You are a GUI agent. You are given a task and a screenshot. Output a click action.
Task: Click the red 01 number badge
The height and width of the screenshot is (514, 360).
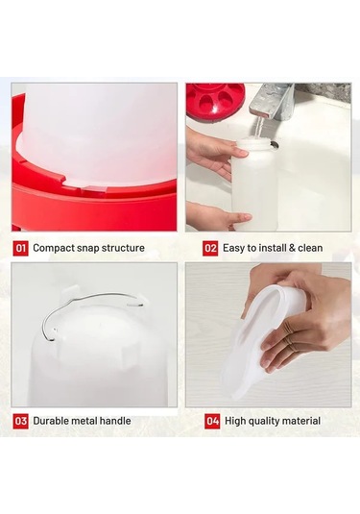[20, 248]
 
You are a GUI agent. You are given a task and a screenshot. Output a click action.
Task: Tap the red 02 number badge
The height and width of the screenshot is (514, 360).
[210, 248]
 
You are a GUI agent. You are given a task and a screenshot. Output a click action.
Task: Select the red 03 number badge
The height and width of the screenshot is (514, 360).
[20, 421]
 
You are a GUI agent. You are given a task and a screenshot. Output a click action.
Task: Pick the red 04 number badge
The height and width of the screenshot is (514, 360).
[212, 421]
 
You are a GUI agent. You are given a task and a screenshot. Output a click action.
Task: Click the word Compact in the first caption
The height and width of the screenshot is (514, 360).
[54, 248]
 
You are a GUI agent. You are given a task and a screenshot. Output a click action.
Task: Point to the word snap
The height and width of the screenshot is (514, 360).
[87, 249]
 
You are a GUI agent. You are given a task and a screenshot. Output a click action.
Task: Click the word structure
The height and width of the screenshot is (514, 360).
[123, 248]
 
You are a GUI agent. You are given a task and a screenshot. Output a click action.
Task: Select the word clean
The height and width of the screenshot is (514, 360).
[310, 248]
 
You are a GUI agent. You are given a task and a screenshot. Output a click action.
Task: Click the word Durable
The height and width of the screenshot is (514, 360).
[51, 421]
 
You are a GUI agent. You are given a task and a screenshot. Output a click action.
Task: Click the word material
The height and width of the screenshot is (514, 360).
[301, 421]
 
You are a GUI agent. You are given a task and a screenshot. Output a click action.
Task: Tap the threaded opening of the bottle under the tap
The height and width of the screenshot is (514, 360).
[256, 143]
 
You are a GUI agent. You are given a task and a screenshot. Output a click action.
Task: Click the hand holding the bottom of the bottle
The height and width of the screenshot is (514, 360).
[217, 216]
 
